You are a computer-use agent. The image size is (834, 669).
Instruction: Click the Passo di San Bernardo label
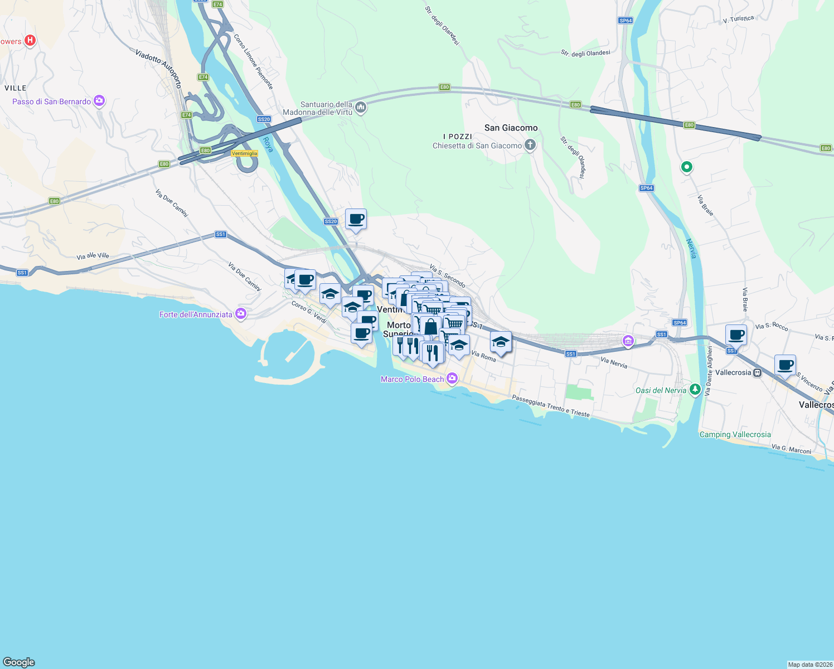[x=51, y=101]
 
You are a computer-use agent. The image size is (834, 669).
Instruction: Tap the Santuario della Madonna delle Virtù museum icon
[x=361, y=108]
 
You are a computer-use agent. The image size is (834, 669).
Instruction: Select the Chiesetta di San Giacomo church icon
[x=530, y=146]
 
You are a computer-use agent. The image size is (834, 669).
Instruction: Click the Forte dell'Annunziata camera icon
[x=241, y=314]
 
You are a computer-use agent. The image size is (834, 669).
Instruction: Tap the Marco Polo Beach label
[x=412, y=379]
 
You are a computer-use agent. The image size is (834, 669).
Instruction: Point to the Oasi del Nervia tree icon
[x=695, y=389]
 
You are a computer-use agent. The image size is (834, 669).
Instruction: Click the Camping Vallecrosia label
[x=735, y=434]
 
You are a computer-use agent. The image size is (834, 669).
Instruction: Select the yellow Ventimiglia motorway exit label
[x=245, y=153]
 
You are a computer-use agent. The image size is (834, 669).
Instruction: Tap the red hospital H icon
[x=31, y=40]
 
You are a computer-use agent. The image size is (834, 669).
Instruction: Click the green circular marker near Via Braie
[x=687, y=167]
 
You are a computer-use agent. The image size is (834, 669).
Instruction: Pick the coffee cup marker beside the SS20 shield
[x=356, y=220]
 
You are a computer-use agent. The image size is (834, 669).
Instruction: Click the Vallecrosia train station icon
[x=757, y=372]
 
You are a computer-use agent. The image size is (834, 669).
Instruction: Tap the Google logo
[x=19, y=662]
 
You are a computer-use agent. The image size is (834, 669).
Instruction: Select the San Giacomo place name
[x=511, y=128]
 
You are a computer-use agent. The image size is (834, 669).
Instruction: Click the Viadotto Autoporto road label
[x=159, y=68]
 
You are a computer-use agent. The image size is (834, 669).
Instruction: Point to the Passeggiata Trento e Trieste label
[x=550, y=406]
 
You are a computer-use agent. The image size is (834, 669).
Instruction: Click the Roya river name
[x=268, y=144]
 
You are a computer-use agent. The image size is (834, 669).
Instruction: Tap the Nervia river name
[x=691, y=248]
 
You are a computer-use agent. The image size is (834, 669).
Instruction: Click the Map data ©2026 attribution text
[x=809, y=664]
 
